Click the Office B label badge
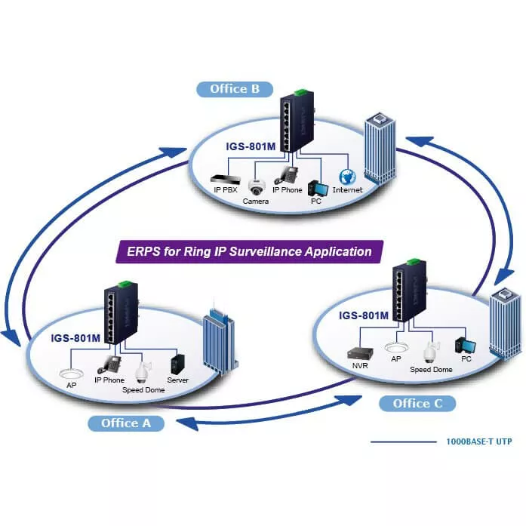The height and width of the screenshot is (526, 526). pos(234,89)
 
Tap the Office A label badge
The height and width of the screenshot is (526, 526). pos(126,423)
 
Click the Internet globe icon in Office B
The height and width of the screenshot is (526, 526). pos(347,177)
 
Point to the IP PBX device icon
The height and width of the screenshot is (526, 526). pos(224,178)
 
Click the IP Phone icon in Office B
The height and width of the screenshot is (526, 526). pos(288,175)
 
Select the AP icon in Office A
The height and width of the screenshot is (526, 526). pos(72,373)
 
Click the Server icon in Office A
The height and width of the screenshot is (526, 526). pos(178,365)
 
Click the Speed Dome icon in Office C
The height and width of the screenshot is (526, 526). pos(430,352)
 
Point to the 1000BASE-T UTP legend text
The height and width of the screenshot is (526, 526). pos(479,441)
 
